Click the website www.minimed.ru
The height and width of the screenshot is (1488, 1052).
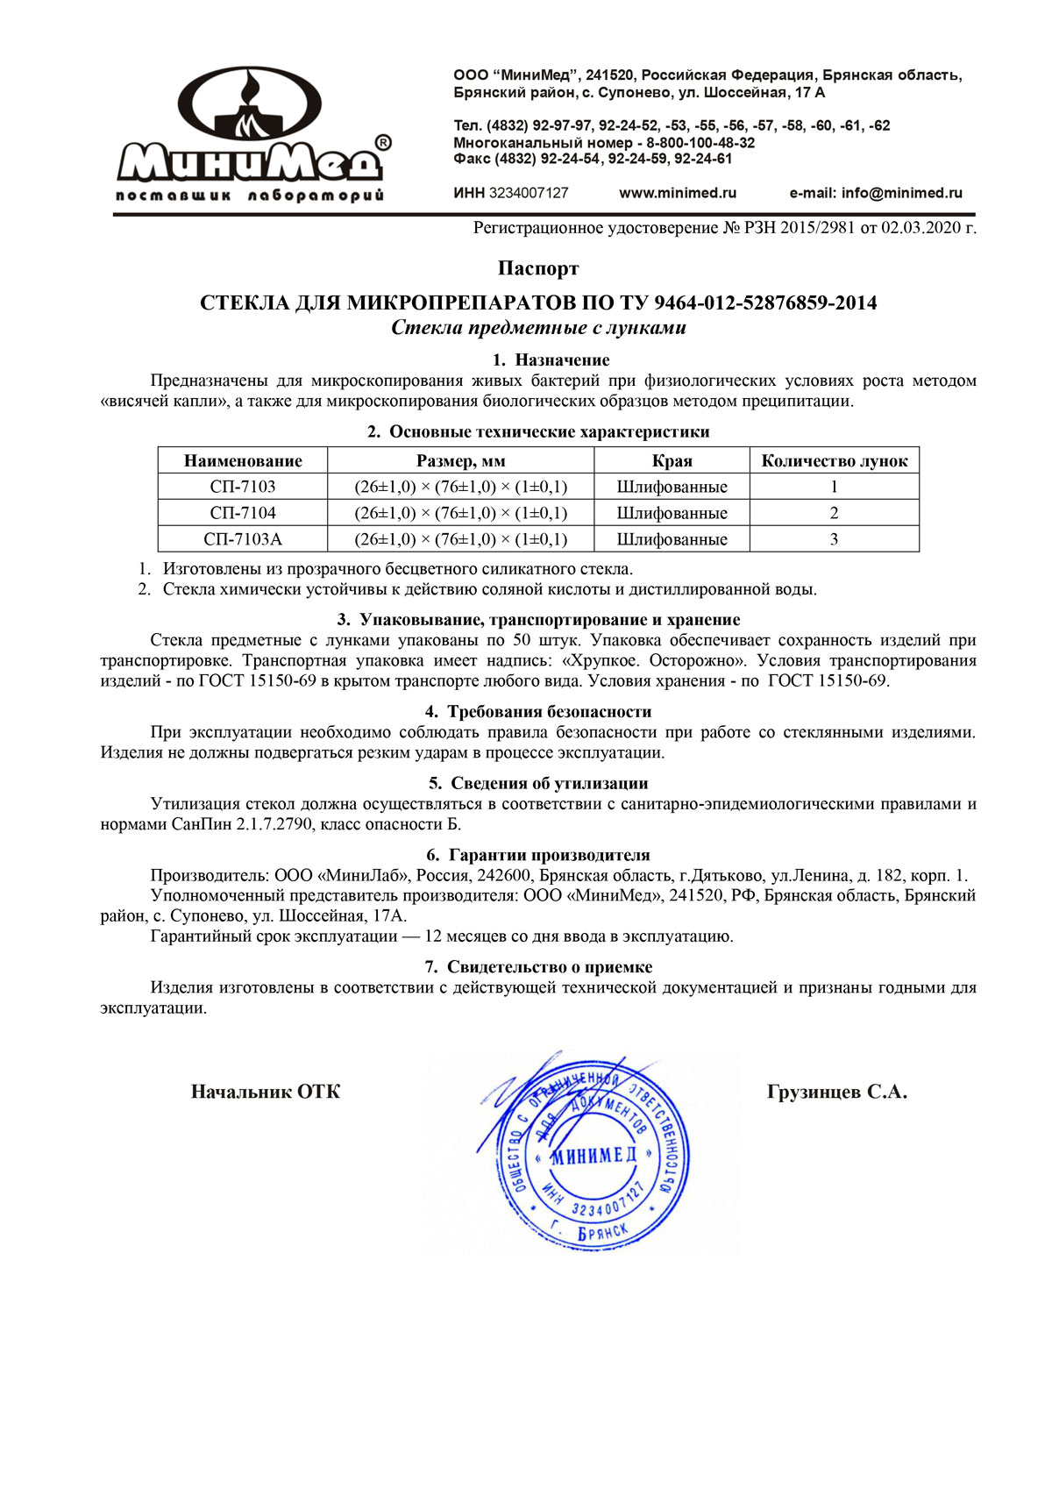pos(678,193)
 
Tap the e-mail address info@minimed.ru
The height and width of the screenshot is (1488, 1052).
pos(902,193)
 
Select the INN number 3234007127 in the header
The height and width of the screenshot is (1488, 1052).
pos(529,193)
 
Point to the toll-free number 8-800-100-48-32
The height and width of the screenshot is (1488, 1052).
pos(700,143)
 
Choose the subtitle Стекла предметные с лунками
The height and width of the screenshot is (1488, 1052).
pos(538,328)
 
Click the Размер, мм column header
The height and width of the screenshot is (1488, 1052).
pos(460,461)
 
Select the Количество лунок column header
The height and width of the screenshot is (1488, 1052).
pos(834,461)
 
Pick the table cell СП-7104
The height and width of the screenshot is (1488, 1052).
pos(243,513)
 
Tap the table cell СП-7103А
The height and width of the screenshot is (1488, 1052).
pos(243,539)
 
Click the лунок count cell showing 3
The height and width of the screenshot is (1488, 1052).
pos(834,539)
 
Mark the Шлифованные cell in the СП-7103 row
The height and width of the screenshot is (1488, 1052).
pos(672,487)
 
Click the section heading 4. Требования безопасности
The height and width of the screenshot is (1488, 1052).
pos(538,712)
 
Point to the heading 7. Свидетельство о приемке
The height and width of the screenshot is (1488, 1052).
pos(538,967)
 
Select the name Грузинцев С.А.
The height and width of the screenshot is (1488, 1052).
pos(836,1093)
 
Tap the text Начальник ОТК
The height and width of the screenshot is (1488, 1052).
pos(266,1093)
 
